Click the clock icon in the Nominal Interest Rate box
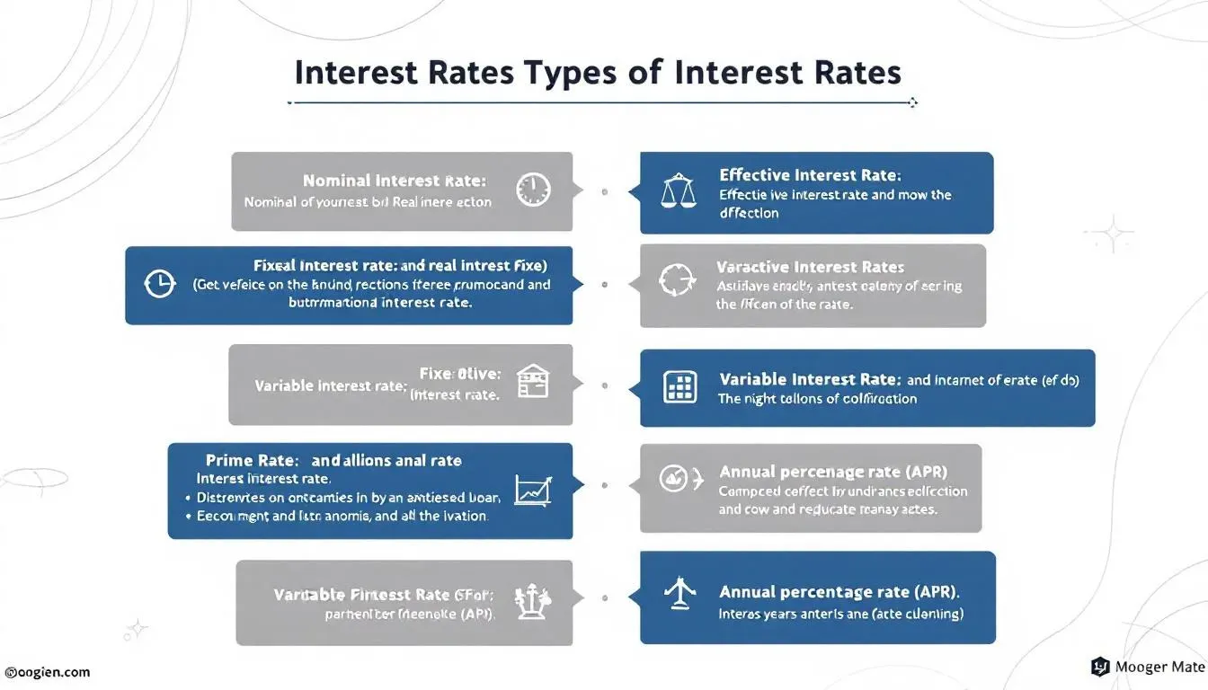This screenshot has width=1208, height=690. [x=533, y=190]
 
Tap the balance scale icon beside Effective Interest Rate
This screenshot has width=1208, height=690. [x=679, y=190]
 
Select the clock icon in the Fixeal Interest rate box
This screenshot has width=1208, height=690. [x=160, y=284]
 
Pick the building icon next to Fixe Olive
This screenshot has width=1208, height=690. [x=533, y=382]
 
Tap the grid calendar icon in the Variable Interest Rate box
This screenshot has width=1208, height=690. [x=679, y=387]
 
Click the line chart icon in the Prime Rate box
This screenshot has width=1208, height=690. [x=533, y=490]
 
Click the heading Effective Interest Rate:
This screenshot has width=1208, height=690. [x=810, y=175]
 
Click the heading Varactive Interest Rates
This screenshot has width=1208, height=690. [x=810, y=267]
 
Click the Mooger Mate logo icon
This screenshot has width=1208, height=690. [x=1100, y=667]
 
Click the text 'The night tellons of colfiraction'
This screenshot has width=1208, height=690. [x=817, y=399]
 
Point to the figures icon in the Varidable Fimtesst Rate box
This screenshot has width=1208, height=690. [x=531, y=601]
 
